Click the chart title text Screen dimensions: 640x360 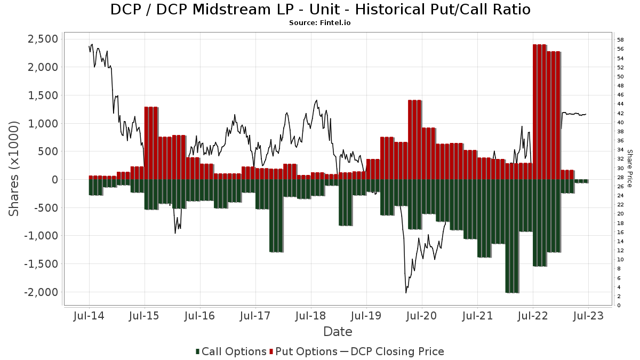tap(321, 10)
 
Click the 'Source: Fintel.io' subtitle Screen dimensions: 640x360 tap(319, 23)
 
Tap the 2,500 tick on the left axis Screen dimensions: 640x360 tap(43, 39)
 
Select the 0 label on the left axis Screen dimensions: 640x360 tap(55, 180)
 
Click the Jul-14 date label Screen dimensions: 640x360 tap(89, 316)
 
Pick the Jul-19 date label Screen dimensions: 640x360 tap(366, 316)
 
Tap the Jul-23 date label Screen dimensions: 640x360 tap(588, 316)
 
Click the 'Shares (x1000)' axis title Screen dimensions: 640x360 tap(14, 169)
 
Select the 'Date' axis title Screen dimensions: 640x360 tap(338, 332)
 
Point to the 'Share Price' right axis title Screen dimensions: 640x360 tap(629, 169)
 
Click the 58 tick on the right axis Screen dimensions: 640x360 tap(620, 39)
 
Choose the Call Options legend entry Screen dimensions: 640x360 tap(231, 351)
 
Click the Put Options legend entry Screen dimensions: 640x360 tap(303, 351)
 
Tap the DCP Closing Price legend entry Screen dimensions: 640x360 tap(392, 351)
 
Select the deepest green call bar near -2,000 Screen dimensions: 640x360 tap(512, 236)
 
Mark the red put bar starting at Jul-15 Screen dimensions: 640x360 tap(151, 143)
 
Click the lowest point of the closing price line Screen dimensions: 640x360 tap(406, 293)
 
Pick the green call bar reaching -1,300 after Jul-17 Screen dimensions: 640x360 tap(276, 215)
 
